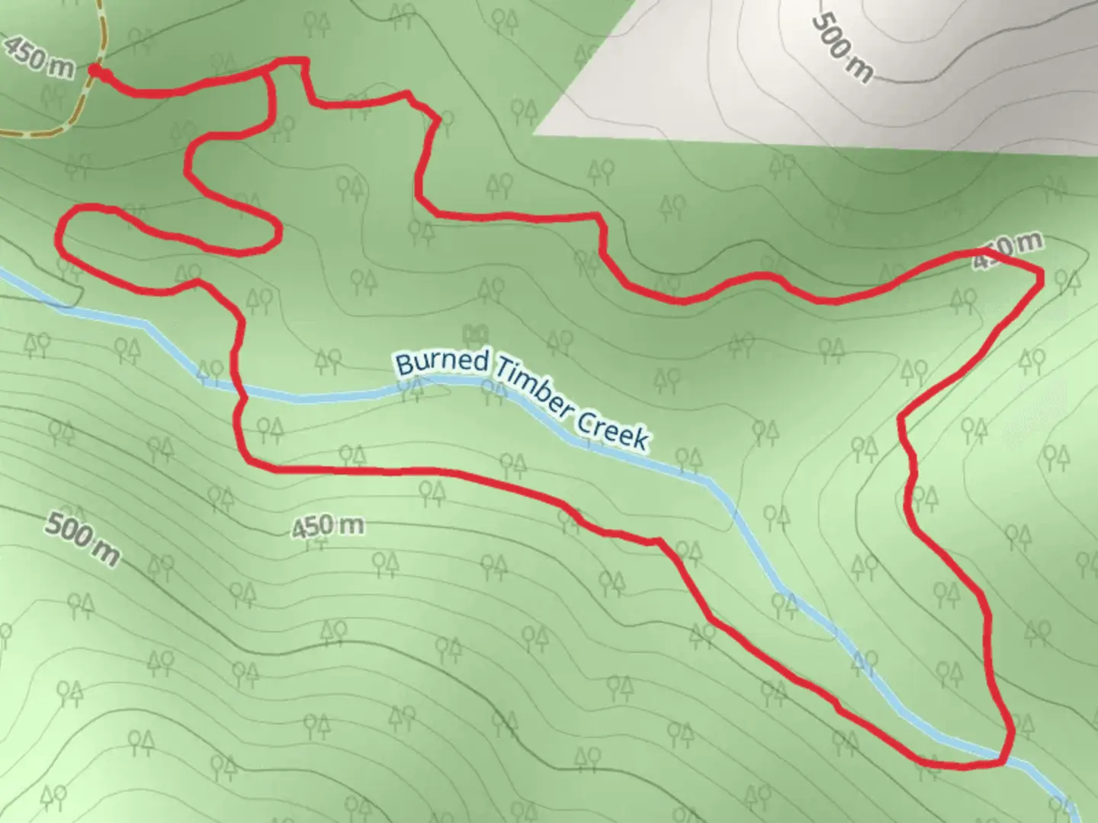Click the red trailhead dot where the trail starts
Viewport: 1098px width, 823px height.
[95, 71]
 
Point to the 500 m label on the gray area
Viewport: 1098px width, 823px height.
[840, 46]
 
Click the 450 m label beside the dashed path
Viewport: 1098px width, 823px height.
[39, 55]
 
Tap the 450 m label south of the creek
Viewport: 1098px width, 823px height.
[327, 526]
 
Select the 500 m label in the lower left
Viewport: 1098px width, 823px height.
[82, 539]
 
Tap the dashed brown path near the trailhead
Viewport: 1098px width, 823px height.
[76, 107]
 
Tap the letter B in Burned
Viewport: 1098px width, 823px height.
[403, 363]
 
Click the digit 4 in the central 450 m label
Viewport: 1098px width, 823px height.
[300, 528]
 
